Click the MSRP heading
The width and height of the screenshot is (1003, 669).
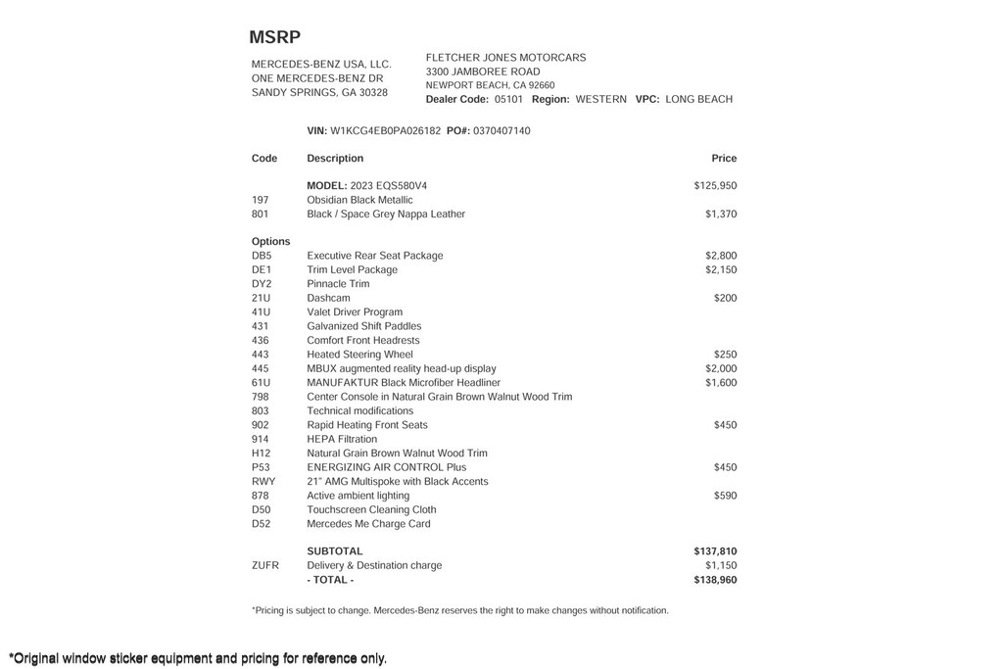(274, 37)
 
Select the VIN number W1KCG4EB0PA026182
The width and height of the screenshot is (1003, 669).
(385, 130)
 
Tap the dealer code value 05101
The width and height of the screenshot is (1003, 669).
(508, 99)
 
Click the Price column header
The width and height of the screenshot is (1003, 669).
(724, 158)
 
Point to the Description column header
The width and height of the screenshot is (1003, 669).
(335, 158)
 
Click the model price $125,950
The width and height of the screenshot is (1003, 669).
(715, 185)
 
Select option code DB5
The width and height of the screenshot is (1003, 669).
(262, 256)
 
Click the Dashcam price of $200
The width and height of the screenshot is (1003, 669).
(725, 298)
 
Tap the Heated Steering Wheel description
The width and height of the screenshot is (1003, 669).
(359, 355)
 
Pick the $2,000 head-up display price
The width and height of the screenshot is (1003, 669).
(721, 368)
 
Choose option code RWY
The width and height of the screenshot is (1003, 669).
(263, 482)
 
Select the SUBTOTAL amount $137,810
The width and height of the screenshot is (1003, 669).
(715, 551)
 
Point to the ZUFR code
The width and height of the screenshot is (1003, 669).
(265, 565)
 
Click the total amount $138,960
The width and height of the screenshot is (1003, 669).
(715, 580)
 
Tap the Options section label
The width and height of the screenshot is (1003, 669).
(271, 241)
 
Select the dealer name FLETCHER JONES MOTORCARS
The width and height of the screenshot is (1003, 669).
(505, 58)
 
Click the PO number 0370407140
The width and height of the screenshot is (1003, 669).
(501, 130)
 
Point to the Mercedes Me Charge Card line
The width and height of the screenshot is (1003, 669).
(368, 524)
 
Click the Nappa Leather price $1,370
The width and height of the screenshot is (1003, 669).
(721, 214)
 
